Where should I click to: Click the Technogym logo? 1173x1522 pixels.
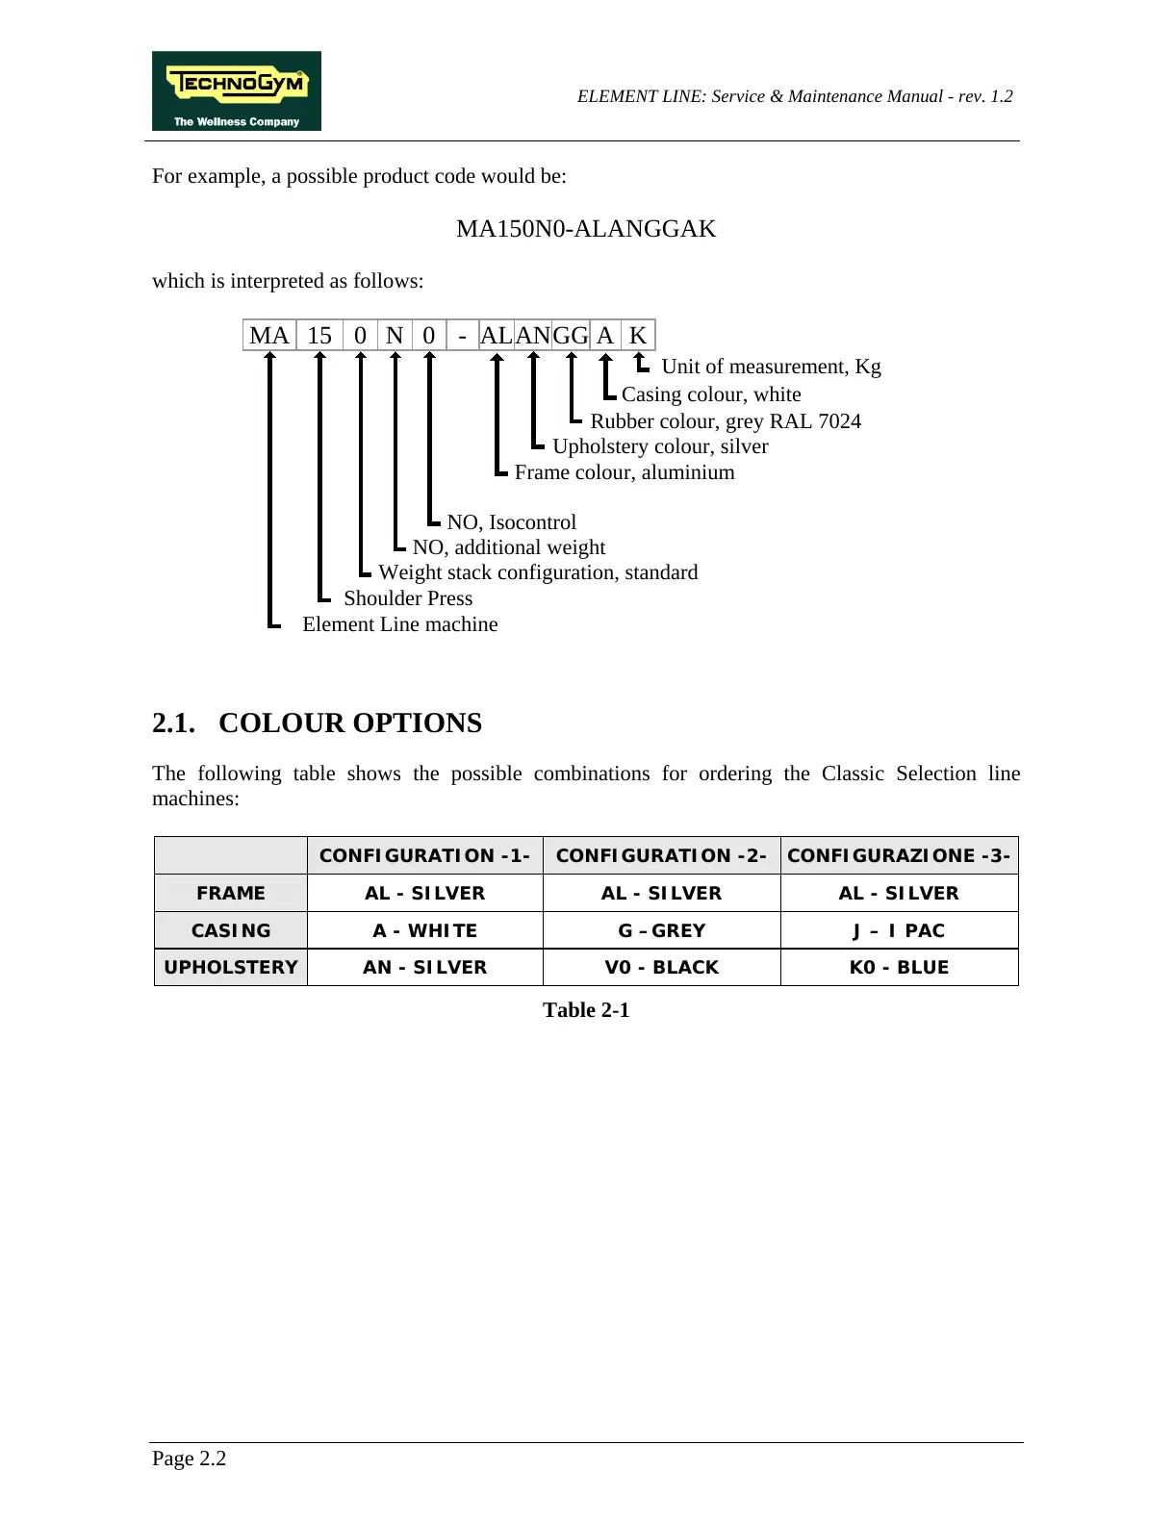(x=236, y=90)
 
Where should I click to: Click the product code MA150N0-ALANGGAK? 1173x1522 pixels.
(x=585, y=229)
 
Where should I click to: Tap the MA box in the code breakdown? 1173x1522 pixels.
(x=269, y=335)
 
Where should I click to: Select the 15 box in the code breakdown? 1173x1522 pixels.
(x=319, y=335)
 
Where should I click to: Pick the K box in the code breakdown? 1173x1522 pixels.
(x=637, y=335)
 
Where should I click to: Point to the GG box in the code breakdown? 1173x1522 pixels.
(x=570, y=335)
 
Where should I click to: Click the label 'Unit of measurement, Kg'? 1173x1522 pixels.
(x=771, y=367)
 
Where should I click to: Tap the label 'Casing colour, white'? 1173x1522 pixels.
(x=711, y=394)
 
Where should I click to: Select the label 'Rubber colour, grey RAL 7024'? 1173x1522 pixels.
(x=726, y=421)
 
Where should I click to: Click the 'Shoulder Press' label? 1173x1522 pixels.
(x=408, y=598)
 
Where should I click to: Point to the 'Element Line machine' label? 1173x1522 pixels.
(x=400, y=624)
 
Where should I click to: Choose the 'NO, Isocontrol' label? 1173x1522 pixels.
(x=512, y=522)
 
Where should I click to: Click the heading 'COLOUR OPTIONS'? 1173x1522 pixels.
(x=350, y=723)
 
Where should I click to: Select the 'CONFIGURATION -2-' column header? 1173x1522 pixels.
(x=661, y=855)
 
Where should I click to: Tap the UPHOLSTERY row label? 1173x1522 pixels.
(x=231, y=967)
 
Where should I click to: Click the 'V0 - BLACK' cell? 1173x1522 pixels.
(x=661, y=967)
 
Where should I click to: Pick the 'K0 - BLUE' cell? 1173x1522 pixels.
(x=899, y=967)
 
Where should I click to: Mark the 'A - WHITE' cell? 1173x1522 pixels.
(x=424, y=930)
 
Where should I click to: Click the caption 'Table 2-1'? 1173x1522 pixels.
(x=586, y=1010)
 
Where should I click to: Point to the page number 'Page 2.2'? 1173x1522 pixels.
(x=190, y=1459)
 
